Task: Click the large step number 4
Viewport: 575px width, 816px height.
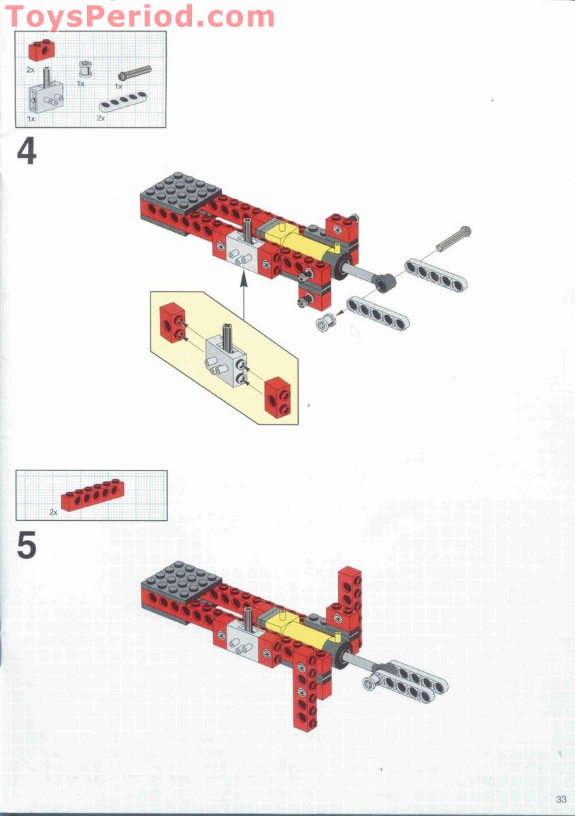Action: point(27,152)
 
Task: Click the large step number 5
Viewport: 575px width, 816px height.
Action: point(26,546)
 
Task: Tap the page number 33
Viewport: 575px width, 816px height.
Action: point(561,800)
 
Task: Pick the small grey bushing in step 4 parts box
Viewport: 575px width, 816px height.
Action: point(85,69)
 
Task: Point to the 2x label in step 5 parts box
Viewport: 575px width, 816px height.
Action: point(53,512)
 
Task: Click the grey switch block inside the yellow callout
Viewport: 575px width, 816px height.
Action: point(225,357)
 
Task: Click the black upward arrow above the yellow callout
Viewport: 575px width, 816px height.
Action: point(244,299)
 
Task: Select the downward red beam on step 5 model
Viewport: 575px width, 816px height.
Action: point(305,690)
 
